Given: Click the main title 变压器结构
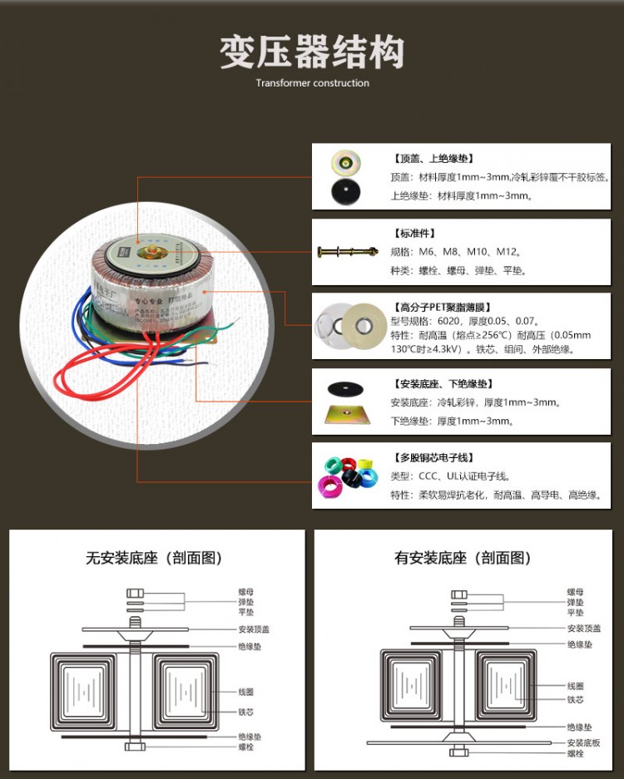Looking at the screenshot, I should (x=312, y=52).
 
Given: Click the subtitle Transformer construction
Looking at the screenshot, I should (x=312, y=83).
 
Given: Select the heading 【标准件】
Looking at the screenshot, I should (x=414, y=233).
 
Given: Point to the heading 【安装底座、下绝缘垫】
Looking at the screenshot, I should (x=443, y=384).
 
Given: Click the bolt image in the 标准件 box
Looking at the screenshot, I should (x=349, y=251).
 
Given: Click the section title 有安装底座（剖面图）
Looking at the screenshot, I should (x=463, y=558).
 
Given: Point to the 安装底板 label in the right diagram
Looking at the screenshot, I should (x=583, y=742).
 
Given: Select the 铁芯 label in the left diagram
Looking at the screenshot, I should (x=245, y=712).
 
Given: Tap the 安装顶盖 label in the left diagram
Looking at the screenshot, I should (x=254, y=629).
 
